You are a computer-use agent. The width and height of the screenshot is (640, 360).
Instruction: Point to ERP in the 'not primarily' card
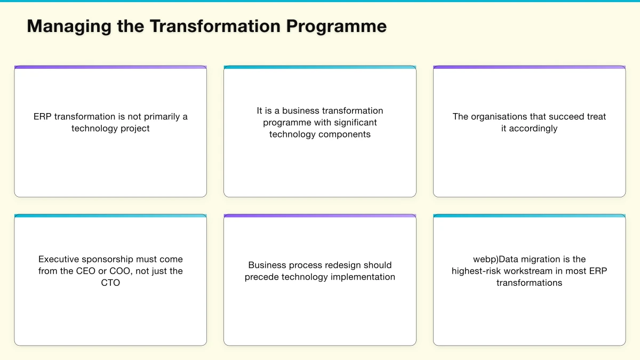[x=43, y=117]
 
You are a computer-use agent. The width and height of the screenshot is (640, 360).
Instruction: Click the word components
[x=342, y=134]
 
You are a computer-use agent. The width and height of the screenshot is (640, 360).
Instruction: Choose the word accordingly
[x=533, y=129]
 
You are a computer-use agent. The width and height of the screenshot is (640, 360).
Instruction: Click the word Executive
[x=59, y=260]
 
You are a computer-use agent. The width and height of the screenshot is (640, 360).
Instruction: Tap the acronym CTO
[x=110, y=283]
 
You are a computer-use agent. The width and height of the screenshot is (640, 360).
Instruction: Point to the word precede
[x=262, y=277]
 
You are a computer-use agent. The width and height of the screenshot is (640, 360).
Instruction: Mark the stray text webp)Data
[x=496, y=260]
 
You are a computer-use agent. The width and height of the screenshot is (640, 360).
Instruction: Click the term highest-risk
[x=476, y=271]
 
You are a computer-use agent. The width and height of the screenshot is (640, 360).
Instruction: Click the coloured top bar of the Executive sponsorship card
[x=110, y=216]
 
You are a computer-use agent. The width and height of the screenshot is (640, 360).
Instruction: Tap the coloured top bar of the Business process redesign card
[x=320, y=216]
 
